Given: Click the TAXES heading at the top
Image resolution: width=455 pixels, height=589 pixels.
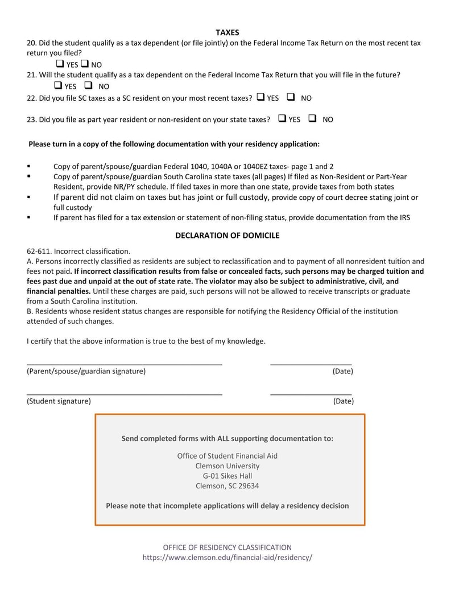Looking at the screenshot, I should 227,32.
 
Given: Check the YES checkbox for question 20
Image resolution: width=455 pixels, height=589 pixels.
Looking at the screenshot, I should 60,64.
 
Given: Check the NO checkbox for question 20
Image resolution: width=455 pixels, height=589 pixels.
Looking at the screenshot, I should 85,64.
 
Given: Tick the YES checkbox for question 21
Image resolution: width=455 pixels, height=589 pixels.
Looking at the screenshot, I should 58,85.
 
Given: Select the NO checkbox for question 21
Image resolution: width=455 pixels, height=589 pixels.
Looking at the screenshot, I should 88,85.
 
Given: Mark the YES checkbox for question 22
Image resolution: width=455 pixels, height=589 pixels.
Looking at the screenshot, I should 260,97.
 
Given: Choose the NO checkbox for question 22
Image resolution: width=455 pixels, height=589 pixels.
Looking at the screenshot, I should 291,97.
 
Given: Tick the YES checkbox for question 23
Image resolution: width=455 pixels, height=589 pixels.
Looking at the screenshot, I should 282,118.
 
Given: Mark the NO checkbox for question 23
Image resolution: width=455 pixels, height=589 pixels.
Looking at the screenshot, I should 312,118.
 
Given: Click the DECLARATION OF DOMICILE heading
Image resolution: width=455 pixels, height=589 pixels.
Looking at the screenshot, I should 227,235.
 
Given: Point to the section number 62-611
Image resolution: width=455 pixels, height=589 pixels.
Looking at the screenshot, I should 39,251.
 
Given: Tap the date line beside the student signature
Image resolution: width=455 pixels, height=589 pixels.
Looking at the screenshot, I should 311,393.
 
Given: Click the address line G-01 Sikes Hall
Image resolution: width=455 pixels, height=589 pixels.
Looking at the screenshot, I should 227,476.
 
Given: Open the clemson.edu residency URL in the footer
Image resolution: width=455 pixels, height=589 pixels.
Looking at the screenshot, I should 227,558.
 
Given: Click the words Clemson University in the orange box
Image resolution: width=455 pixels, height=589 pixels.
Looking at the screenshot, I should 227,466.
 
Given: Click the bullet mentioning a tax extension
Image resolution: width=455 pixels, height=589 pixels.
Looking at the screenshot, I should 231,217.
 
